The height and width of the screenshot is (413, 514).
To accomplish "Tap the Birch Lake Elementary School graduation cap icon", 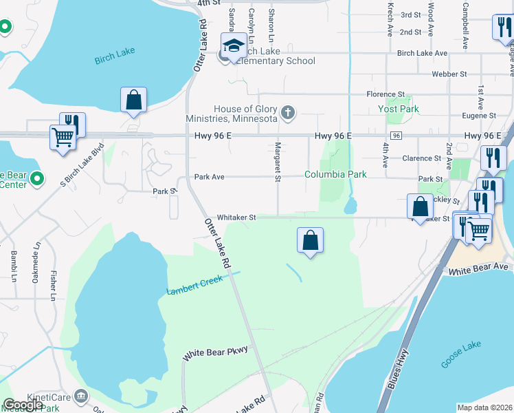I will coord(234,46).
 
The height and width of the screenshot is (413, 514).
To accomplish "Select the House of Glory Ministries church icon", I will coord(289,112).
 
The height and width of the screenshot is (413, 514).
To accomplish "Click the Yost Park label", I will coord(399,109).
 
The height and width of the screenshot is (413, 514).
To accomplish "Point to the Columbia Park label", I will coord(335,174).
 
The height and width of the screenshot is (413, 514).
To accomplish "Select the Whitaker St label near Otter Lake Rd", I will coord(237,218).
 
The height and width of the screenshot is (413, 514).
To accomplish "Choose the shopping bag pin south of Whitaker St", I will coord(311,241).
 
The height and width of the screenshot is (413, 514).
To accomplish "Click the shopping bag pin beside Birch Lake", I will coord(133,100).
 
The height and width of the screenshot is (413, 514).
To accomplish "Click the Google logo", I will coord(23,405).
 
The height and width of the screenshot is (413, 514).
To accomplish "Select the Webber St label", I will coord(449,74).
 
